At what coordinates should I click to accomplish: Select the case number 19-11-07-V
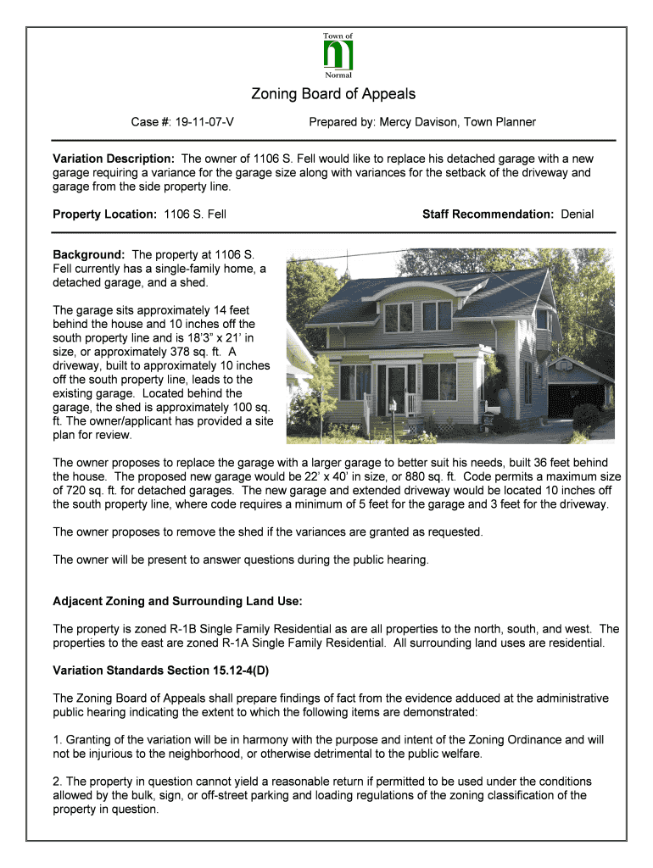pos(205,122)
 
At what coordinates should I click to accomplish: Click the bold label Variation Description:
pos(114,159)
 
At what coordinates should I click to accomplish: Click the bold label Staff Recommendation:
pos(488,214)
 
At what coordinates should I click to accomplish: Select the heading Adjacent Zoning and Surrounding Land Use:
pos(177,601)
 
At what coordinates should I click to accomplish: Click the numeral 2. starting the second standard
pos(58,781)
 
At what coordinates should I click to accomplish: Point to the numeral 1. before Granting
pos(58,740)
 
